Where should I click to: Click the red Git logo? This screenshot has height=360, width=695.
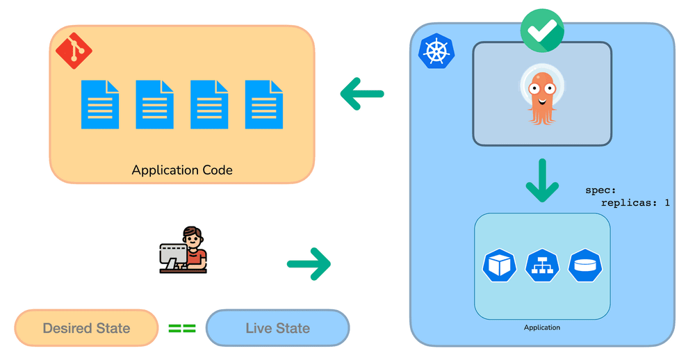[74, 51]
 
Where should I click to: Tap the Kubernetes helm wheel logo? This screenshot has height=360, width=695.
[436, 51]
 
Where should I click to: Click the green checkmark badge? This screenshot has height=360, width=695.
[541, 30]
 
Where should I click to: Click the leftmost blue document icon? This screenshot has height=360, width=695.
[99, 105]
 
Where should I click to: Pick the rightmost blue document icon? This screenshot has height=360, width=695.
[263, 105]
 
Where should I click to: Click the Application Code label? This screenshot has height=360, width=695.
[181, 170]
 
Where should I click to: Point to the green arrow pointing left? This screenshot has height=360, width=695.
[361, 94]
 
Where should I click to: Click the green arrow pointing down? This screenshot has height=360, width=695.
[542, 181]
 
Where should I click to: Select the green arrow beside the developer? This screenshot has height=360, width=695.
[309, 264]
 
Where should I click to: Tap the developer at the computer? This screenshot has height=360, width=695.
[183, 249]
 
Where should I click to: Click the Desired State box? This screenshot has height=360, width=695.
[86, 328]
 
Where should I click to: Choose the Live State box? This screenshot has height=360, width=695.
[278, 328]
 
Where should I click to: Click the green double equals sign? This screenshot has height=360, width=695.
[182, 329]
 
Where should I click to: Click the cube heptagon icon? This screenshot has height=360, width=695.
[500, 265]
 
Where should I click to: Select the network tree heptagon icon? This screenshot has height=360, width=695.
[542, 265]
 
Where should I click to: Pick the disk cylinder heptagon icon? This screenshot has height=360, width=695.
[585, 265]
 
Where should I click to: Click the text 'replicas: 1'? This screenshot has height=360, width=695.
[635, 203]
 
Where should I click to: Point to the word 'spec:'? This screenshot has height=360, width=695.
[600, 190]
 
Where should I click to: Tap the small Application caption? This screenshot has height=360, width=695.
[541, 327]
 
